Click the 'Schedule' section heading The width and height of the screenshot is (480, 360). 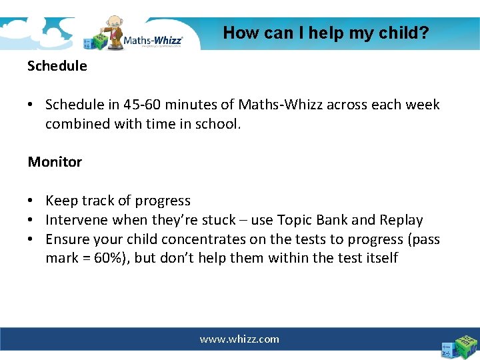57,66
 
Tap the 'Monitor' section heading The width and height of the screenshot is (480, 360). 55,162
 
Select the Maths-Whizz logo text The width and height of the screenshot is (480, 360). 153,39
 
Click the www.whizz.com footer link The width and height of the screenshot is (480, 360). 239,339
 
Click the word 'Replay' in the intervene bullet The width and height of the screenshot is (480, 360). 401,220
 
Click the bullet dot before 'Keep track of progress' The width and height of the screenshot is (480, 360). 32,201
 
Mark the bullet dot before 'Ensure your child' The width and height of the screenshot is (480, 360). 32,240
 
